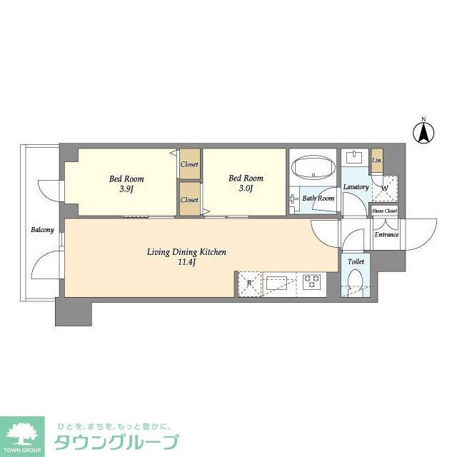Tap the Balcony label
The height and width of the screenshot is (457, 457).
pos(42,230)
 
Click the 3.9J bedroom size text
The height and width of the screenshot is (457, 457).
pos(119,189)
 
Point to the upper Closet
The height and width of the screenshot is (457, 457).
pos(189,164)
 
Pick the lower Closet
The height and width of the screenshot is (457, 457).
pos(189,199)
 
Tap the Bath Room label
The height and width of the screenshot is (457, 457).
pos(318,198)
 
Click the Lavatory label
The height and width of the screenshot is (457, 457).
pos(355,187)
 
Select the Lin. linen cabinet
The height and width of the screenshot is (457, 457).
pos(377,161)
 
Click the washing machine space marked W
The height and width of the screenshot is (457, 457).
pos(384,189)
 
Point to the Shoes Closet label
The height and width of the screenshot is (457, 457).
pos(384,211)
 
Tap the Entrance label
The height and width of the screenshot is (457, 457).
pos(386,234)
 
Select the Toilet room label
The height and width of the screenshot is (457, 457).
pos(356,262)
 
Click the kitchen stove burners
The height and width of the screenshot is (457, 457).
pos(312,283)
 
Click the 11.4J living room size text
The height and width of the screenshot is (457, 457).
pos(186,262)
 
